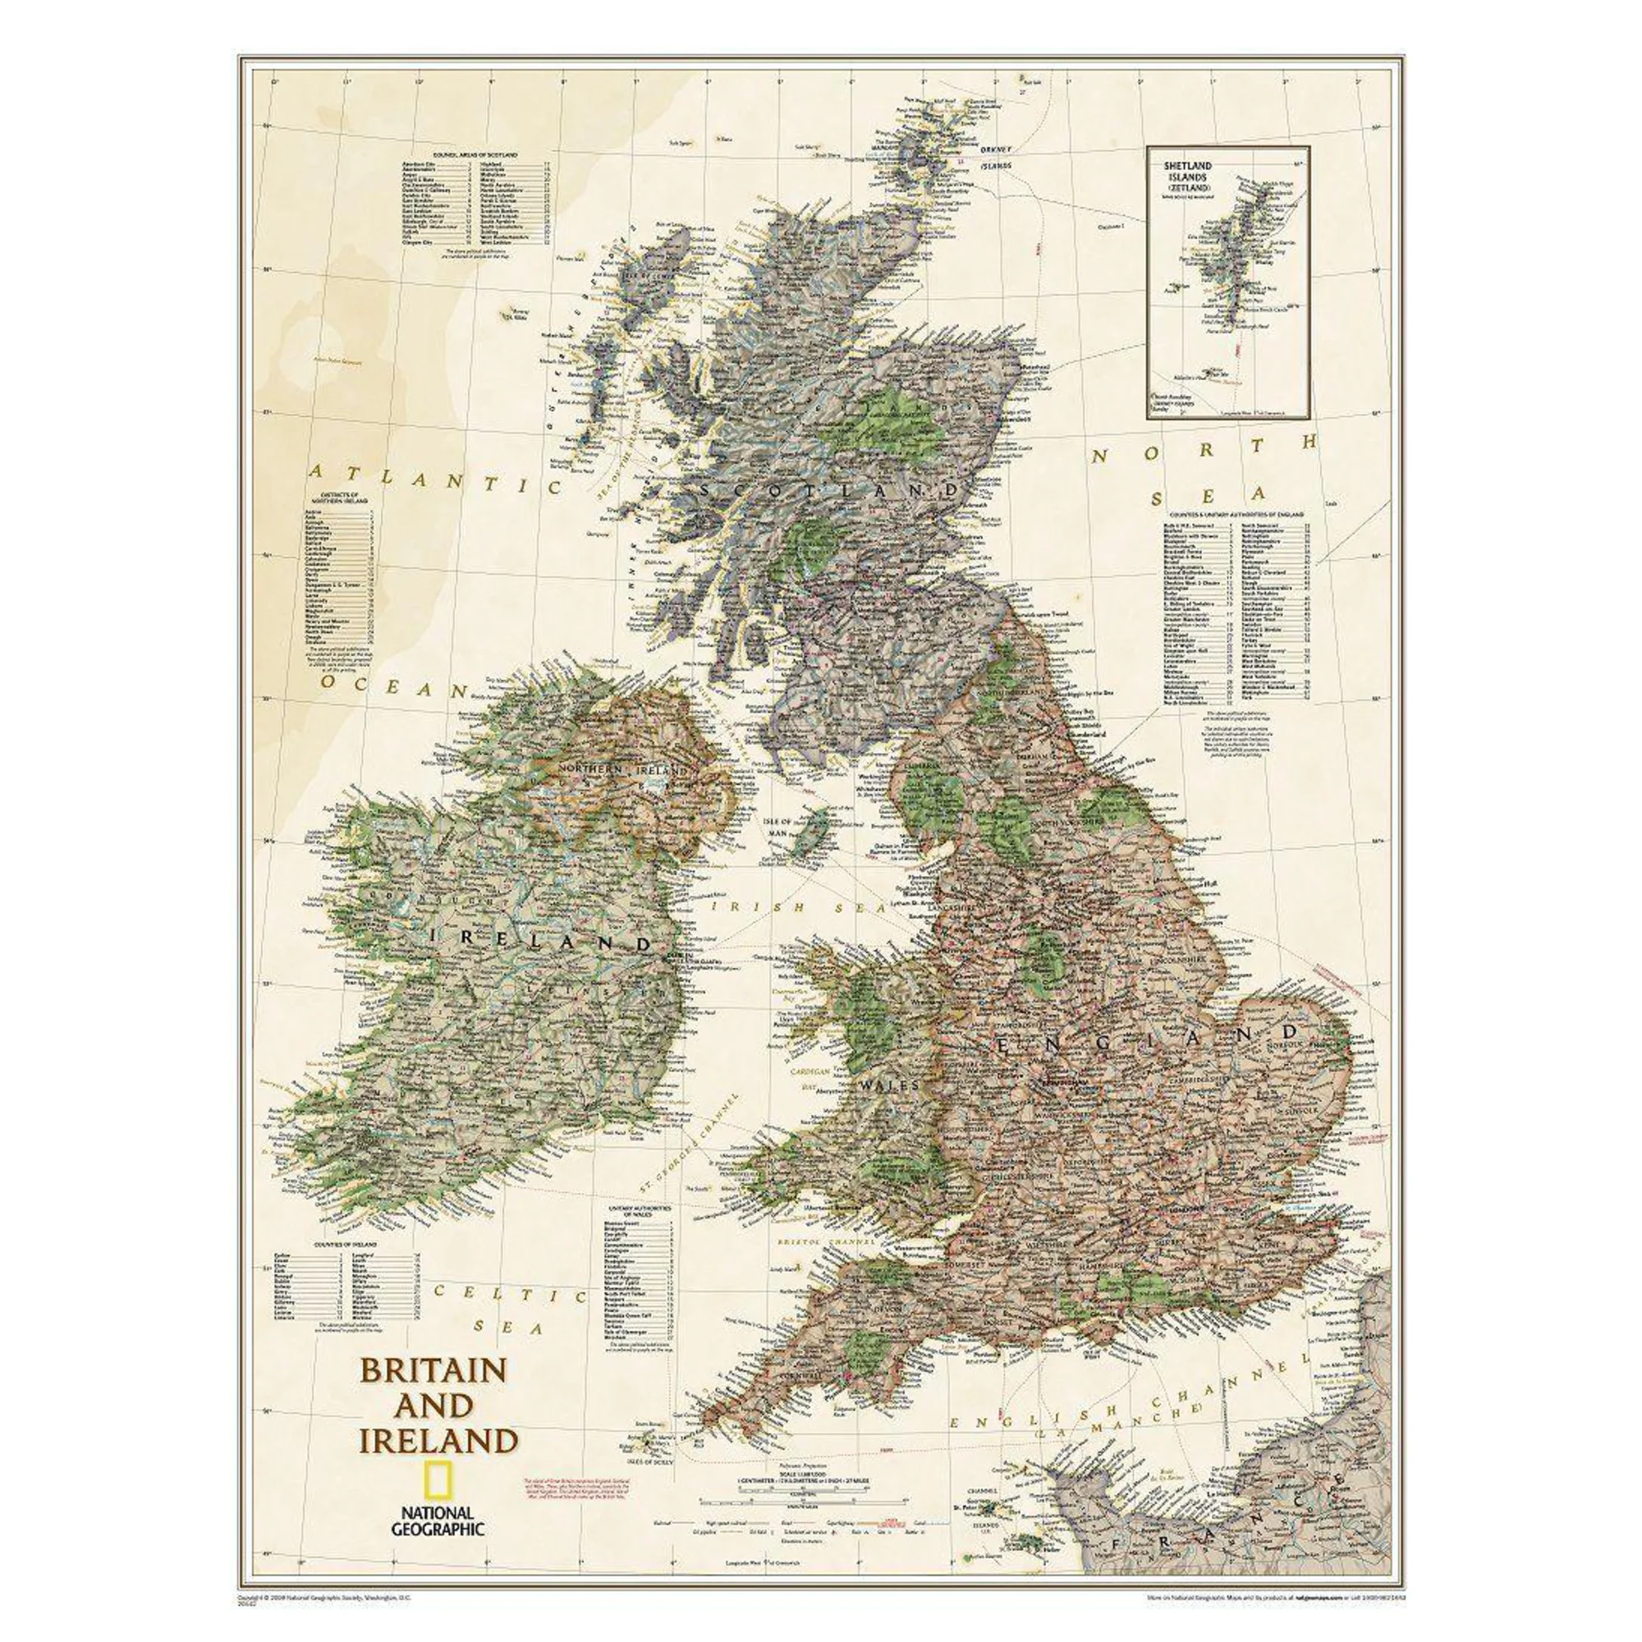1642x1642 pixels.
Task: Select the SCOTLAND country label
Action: tap(831, 490)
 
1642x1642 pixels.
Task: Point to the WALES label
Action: tap(889, 1085)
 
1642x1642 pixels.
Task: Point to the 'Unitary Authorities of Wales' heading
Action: tap(639, 1210)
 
